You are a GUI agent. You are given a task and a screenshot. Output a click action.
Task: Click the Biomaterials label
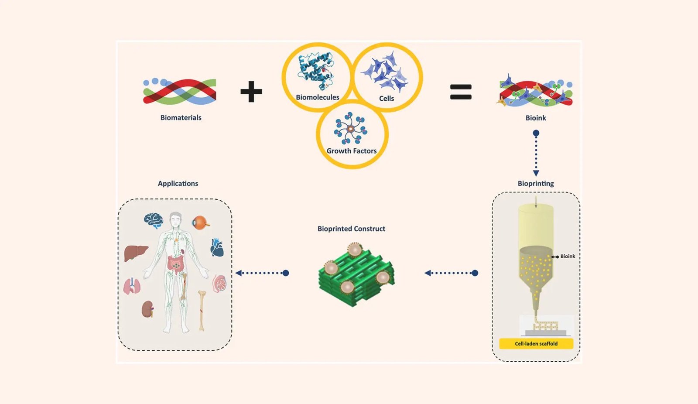[181, 117]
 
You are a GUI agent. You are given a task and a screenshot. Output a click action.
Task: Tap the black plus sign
[251, 92]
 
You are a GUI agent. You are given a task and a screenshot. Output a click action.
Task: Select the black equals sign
[461, 92]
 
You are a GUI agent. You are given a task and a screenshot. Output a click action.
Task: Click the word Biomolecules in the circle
[317, 97]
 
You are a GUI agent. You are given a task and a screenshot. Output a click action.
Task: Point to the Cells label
[387, 99]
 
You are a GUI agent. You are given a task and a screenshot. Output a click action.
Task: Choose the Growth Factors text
[351, 151]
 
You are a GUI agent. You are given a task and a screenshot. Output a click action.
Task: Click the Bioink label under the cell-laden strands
[536, 118]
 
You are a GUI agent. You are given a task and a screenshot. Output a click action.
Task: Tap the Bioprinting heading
[536, 184]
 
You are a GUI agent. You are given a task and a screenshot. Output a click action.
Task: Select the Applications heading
[178, 184]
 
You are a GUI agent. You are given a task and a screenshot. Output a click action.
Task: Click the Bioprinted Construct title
[351, 229]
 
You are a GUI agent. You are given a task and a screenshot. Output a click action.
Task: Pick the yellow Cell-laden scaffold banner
[536, 344]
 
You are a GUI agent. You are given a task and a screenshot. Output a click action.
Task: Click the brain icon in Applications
[154, 220]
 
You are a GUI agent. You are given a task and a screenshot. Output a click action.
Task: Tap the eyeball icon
[200, 223]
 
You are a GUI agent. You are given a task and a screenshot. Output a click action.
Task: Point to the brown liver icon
[136, 253]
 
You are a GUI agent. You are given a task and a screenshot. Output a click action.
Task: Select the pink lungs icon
[132, 286]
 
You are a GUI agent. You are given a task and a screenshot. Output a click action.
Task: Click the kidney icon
[147, 309]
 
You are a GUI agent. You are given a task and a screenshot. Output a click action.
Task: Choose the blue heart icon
[217, 248]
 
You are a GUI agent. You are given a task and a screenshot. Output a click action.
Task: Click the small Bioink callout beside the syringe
[567, 257]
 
